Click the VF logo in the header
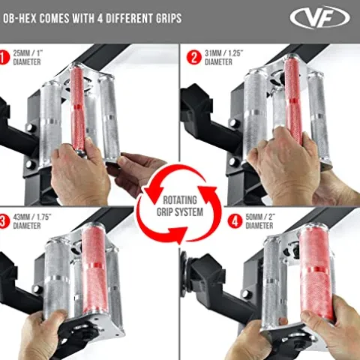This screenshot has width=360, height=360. pos(319,18)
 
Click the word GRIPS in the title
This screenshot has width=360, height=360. pos(169,18)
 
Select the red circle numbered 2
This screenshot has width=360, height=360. pos(194,57)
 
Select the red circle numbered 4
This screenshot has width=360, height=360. pos(235,221)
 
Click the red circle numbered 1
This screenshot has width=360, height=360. pos(4,57)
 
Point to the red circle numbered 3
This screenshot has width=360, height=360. pos(4,221)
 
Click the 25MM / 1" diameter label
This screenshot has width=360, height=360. pos(28,58)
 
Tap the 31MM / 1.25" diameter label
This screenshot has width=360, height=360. pos(224,58)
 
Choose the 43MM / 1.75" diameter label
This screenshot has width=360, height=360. pos(32,221)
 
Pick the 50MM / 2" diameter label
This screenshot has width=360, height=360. pos(260,221)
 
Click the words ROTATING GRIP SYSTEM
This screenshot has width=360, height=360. pos(180,206)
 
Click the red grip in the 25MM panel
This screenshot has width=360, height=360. pos(78,109)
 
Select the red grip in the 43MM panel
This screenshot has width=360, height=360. pos(94,268)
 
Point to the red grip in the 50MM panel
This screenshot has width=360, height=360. pos(316,272)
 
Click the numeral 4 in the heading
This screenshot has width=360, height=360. pos(100,18)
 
